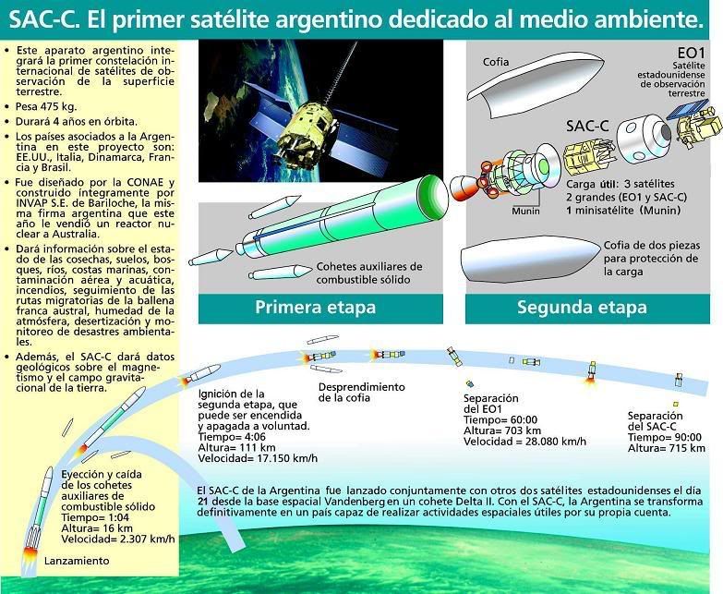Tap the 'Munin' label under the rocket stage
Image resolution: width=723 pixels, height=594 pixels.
tap(525, 212)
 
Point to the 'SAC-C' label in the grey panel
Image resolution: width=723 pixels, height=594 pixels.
tap(587, 126)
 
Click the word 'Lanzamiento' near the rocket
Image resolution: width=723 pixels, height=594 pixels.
tap(77, 562)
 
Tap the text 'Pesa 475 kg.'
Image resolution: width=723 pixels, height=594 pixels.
tap(46, 107)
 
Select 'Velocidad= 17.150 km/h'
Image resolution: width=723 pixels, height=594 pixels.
tap(258, 458)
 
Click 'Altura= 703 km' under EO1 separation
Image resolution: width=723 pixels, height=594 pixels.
tap(502, 430)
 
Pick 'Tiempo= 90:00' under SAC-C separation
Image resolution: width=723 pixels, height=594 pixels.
tap(665, 437)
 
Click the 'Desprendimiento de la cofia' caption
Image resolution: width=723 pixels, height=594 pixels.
tap(362, 393)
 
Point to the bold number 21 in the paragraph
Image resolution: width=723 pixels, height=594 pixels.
tap(202, 502)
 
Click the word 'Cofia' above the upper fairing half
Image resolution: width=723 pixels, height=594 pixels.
tap(496, 62)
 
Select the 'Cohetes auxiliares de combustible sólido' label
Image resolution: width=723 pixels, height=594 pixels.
tap(368, 273)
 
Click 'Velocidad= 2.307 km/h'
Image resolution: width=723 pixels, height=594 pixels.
tap(118, 539)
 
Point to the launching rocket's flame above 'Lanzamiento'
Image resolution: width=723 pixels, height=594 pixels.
tap(29, 555)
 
